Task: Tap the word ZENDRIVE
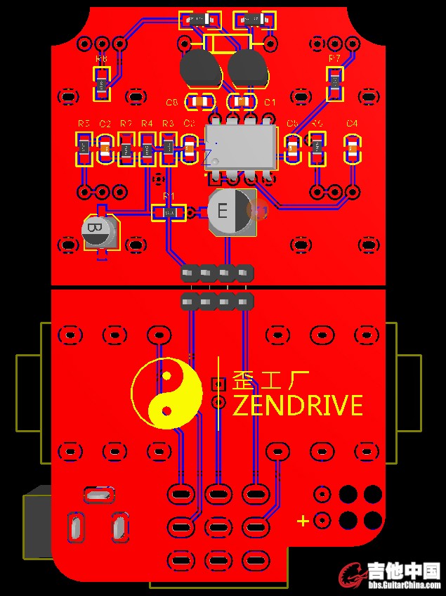pyautogui.click(x=297, y=406)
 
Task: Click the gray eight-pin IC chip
pyautogui.click(x=240, y=146)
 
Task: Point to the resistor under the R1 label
pyautogui.click(x=169, y=212)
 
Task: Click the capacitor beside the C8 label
pyautogui.click(x=201, y=103)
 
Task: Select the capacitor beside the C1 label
pyautogui.click(x=242, y=103)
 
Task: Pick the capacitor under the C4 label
pyautogui.click(x=352, y=149)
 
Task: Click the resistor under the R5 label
pyautogui.click(x=84, y=149)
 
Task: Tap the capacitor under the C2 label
pyautogui.click(x=105, y=149)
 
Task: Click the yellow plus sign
pyautogui.click(x=303, y=521)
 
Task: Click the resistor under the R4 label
pyautogui.click(x=147, y=149)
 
